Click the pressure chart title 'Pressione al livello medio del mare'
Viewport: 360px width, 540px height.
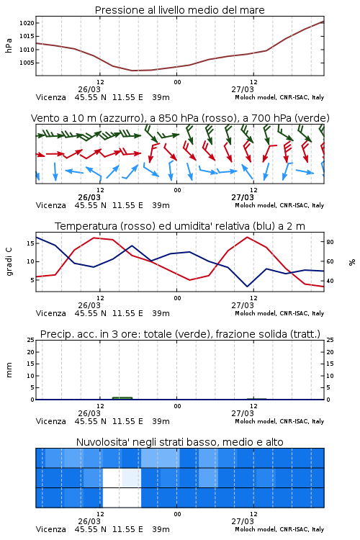point(179,10)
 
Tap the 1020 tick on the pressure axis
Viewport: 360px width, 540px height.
point(27,23)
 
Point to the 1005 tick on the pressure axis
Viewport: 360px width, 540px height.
point(27,63)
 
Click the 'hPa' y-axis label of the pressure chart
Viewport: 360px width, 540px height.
point(9,45)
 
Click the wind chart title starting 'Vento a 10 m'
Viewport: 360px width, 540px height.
point(180,118)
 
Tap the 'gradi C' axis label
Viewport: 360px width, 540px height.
point(9,261)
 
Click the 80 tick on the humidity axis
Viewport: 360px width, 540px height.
point(330,242)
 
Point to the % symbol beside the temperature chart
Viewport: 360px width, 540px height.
point(352,262)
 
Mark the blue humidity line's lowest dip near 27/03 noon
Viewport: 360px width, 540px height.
point(247,286)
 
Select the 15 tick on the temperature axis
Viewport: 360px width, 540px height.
point(31,243)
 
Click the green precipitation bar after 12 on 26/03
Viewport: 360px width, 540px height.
point(122,398)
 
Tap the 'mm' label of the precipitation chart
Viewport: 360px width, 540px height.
point(9,369)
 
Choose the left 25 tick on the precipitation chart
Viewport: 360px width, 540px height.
point(31,340)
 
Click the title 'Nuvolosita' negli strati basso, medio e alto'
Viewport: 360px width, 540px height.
point(179,442)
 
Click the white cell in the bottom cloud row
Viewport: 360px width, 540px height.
point(122,498)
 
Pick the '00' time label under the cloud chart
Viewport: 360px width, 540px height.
point(177,514)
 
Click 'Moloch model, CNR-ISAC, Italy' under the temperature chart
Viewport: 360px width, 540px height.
point(279,313)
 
